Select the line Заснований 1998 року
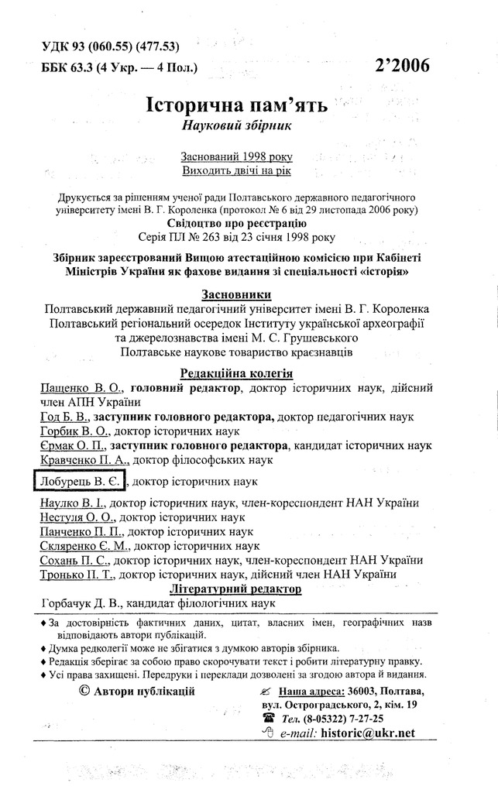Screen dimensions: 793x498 pos(236,156)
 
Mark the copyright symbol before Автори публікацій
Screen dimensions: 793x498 pos(84,691)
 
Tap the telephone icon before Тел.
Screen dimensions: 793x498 pos(269,718)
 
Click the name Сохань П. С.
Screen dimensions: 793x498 pos(74,560)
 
